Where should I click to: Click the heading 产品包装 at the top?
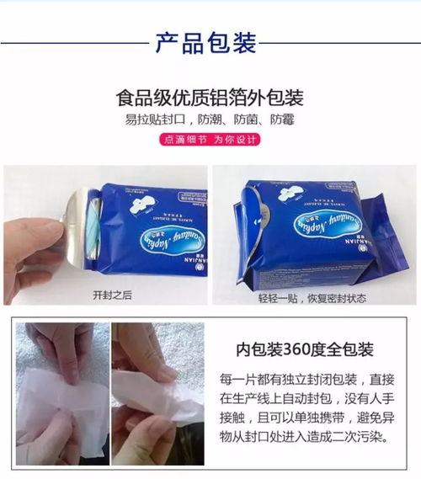pyautogui.click(x=206, y=43)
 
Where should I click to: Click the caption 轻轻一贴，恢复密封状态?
pyautogui.click(x=311, y=297)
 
